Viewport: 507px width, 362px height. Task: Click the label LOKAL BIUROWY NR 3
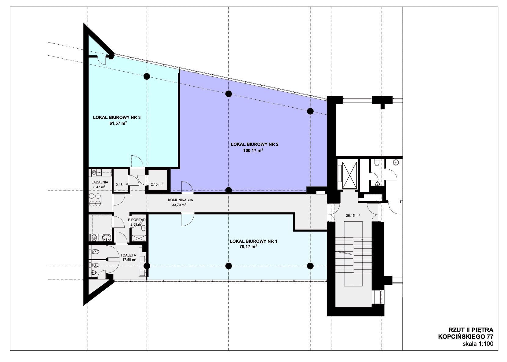coord(117,117)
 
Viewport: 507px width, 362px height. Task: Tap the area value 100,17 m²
coord(253,150)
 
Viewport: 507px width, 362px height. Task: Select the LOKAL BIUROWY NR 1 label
coord(253,241)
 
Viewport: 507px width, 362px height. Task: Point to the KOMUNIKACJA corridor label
coord(181,200)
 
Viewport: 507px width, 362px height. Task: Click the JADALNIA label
coord(100,182)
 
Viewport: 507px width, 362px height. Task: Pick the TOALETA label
coord(128,255)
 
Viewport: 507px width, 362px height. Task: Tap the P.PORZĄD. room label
coord(137,220)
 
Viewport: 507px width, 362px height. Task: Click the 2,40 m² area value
coord(157,184)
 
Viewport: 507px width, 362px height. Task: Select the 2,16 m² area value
coord(122,185)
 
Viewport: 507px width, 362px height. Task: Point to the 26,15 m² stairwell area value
coord(353,216)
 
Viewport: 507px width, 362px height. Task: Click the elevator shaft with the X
coord(349,175)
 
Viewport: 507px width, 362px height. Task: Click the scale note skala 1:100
coord(478,344)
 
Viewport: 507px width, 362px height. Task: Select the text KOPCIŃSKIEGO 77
coord(465,337)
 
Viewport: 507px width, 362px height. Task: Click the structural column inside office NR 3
coord(147,76)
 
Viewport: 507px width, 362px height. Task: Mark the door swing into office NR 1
coord(188,220)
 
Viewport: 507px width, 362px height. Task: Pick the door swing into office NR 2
coord(187,187)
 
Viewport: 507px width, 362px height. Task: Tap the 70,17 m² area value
coord(248,246)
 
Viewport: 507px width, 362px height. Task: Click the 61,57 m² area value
coord(118,123)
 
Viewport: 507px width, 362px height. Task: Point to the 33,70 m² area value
coord(179,205)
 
